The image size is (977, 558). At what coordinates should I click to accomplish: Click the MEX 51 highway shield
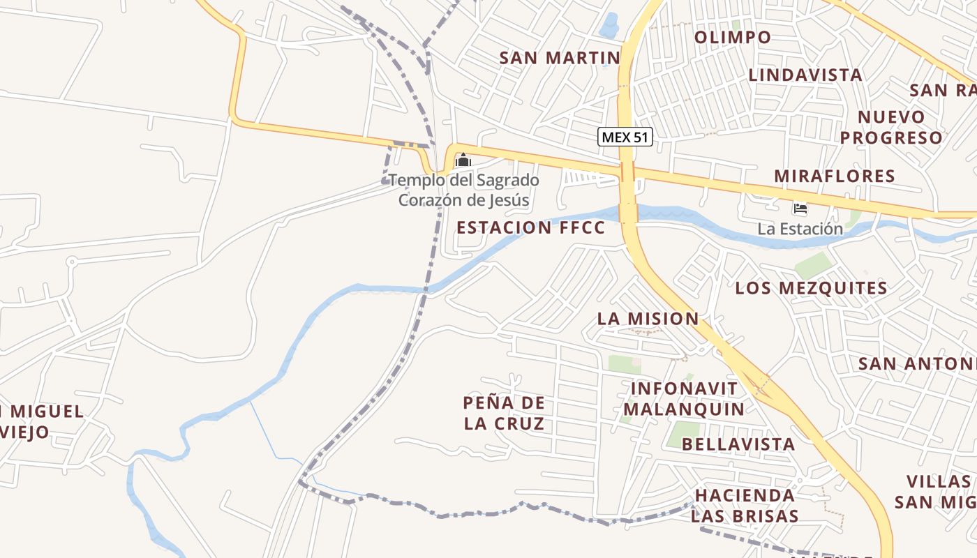[625, 137]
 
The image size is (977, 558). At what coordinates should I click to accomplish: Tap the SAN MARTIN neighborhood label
[560, 58]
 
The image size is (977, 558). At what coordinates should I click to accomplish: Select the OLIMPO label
[733, 37]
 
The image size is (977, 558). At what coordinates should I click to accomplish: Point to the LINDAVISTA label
[805, 75]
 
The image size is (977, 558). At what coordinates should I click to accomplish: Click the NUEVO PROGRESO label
[891, 127]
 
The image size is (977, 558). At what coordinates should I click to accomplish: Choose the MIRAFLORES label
[834, 176]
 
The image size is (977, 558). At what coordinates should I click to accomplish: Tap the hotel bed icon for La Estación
[800, 209]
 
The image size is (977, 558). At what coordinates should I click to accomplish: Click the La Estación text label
[800, 229]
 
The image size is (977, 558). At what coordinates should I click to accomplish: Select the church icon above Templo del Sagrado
[463, 161]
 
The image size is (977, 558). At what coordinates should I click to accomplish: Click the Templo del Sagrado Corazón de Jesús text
[463, 190]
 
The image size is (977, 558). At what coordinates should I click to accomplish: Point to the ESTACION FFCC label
[530, 227]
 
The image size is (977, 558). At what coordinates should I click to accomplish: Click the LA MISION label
[648, 319]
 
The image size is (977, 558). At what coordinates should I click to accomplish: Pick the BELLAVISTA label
[738, 444]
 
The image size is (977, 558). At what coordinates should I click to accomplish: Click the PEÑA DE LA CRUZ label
[503, 413]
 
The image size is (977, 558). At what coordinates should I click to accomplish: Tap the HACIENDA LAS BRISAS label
[745, 506]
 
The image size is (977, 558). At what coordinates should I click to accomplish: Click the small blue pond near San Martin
[609, 25]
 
